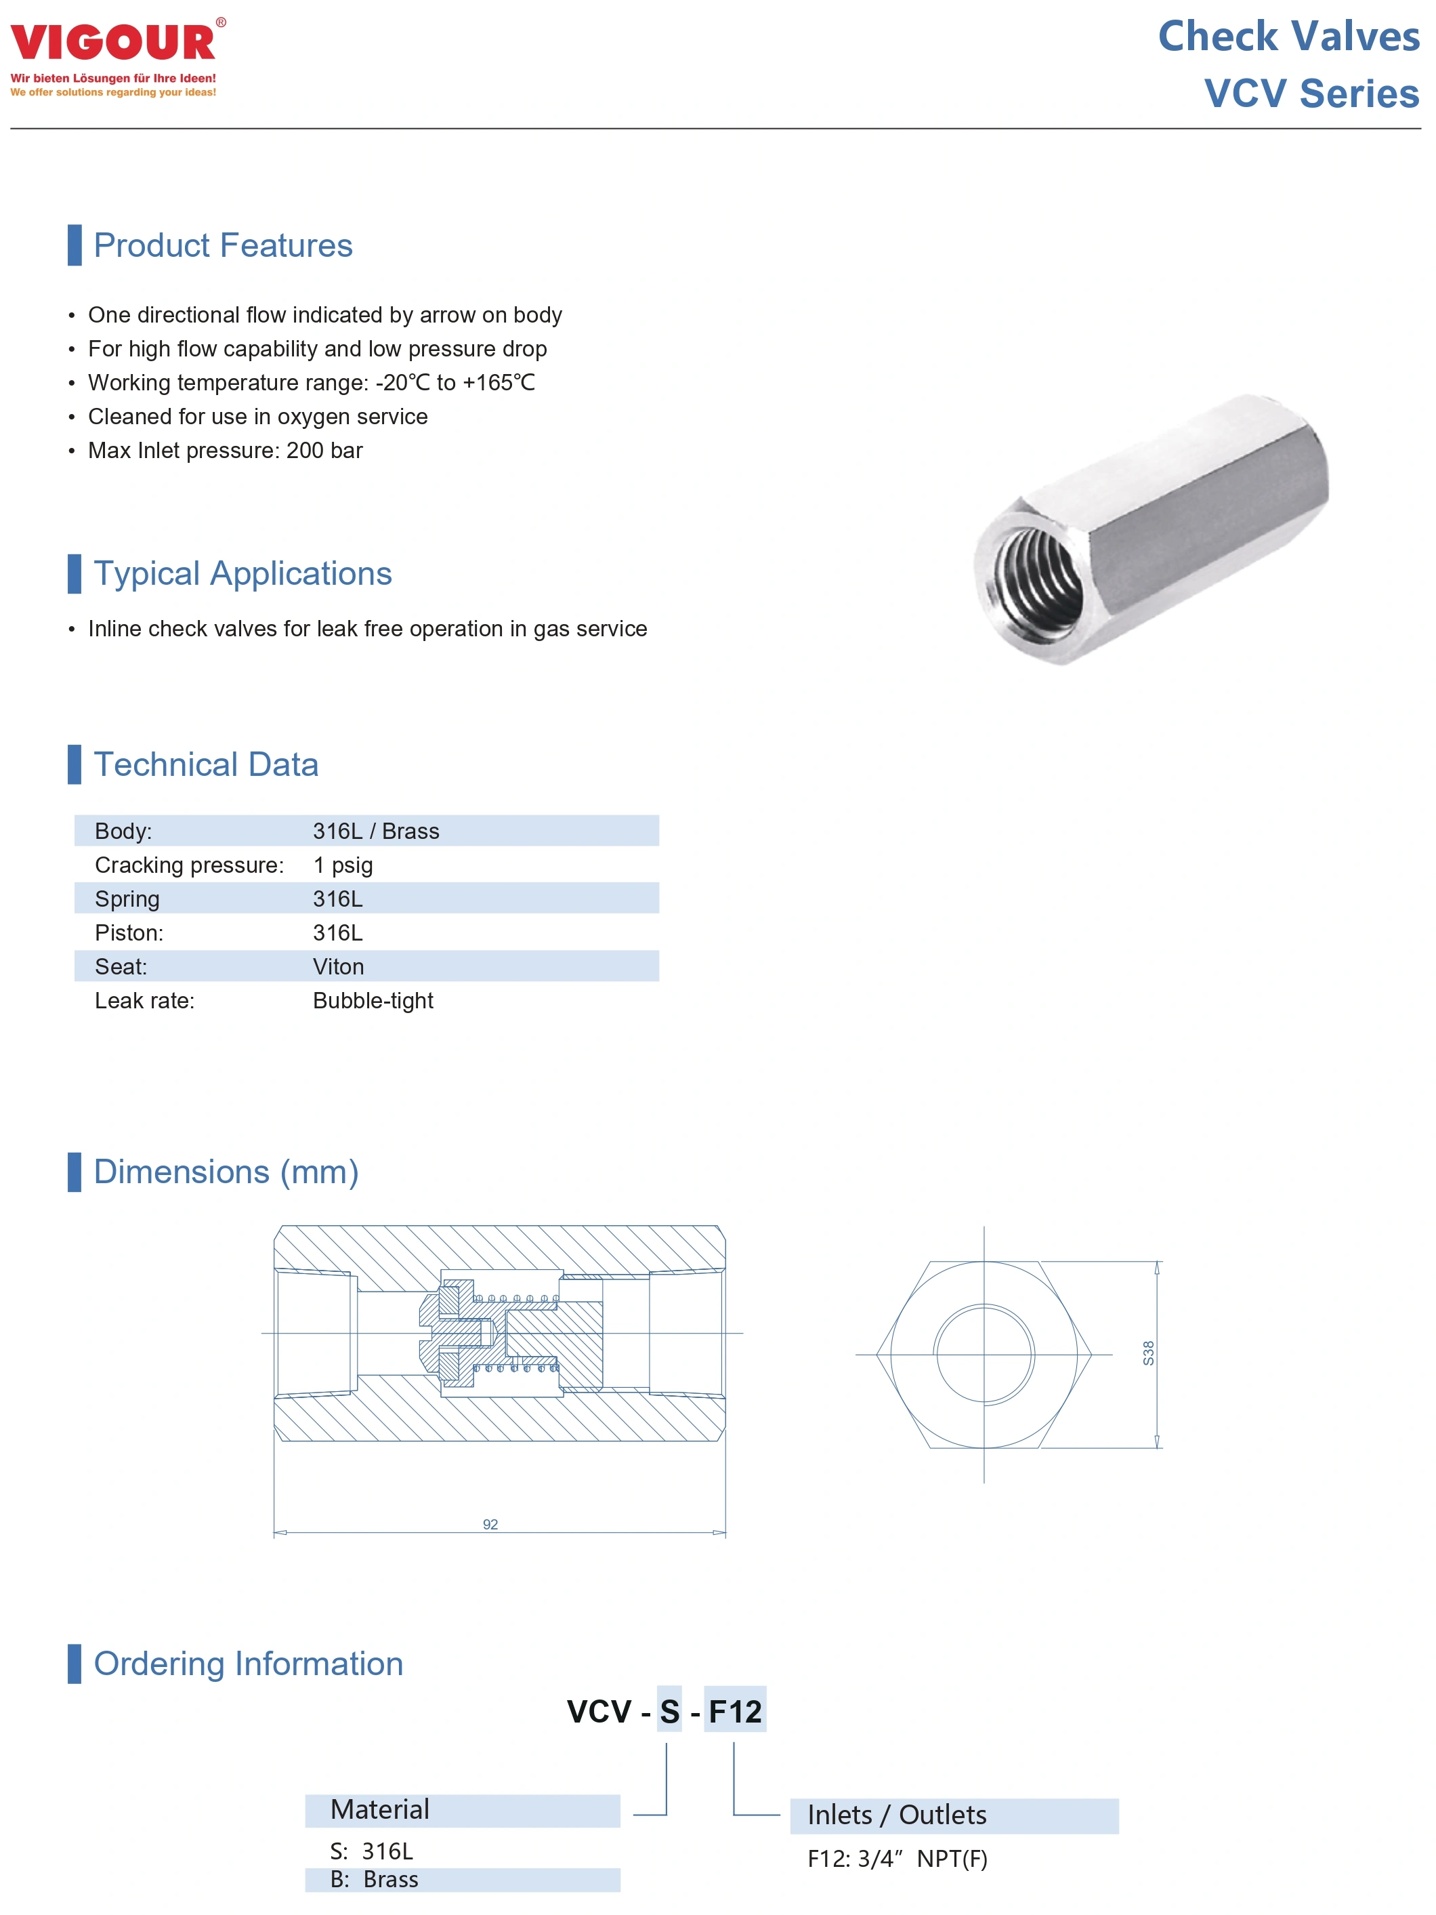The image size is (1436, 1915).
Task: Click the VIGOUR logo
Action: pyautogui.click(x=113, y=43)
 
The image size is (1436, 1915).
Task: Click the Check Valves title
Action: pyautogui.click(x=1288, y=37)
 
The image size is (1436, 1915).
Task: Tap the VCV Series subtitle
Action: pyautogui.click(x=1311, y=94)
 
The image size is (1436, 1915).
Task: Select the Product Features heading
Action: pyautogui.click(x=222, y=246)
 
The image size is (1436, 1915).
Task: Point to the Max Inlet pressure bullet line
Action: pyautogui.click(x=225, y=450)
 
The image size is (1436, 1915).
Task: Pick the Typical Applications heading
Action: pyautogui.click(x=242, y=574)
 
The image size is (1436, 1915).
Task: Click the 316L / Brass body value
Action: pyautogui.click(x=376, y=831)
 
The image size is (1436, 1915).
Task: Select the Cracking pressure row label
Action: pyautogui.click(x=189, y=865)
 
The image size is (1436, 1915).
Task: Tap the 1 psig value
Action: pyautogui.click(x=343, y=865)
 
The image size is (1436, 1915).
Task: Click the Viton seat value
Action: pyautogui.click(x=339, y=966)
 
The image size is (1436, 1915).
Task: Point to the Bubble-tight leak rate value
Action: pyautogui.click(x=373, y=1001)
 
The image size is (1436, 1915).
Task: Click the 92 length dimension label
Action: pyautogui.click(x=490, y=1524)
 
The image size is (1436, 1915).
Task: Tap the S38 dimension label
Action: pyautogui.click(x=1147, y=1353)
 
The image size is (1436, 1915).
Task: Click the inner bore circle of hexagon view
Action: pyautogui.click(x=984, y=1353)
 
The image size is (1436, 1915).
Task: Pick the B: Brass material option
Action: pyautogui.click(x=374, y=1880)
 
